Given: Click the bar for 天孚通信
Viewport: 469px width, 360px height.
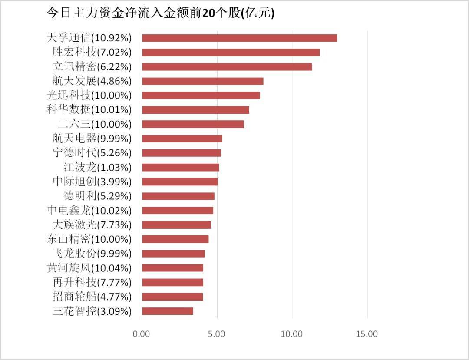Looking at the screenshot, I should coord(239,38).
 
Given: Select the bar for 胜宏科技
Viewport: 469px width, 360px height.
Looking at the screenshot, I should coord(231,53).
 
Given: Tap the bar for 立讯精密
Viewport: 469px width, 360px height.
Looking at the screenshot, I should coord(227,67).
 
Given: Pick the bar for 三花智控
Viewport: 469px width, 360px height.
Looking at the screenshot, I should coord(168,311).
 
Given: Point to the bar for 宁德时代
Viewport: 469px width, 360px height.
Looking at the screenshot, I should coord(182,153).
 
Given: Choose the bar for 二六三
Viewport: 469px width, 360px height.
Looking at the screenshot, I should coord(193,124).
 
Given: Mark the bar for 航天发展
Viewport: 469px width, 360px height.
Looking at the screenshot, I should coord(202,81).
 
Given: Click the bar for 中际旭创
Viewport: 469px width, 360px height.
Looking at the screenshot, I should coord(180,182).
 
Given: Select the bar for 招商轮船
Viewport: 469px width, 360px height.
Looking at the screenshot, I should coord(172,297).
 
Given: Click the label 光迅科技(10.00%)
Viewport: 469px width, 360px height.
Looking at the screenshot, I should coord(89,96).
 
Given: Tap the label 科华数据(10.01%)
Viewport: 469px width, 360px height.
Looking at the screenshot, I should coord(89,110).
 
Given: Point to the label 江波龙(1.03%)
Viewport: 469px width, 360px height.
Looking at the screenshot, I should coord(97,167).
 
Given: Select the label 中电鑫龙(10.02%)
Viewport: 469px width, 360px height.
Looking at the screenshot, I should coord(89,211).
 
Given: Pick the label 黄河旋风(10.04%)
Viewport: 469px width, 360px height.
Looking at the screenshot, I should coord(89,268).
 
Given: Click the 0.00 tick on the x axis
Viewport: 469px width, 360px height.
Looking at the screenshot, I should coord(142,334).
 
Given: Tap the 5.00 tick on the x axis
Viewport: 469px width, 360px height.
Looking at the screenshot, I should coord(217,334).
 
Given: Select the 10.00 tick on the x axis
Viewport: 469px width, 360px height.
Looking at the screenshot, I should coord(292,334).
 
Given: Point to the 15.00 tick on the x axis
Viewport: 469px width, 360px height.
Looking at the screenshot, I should coord(367,334).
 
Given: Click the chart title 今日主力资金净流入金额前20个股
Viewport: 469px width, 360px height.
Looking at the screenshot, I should coord(160,13).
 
